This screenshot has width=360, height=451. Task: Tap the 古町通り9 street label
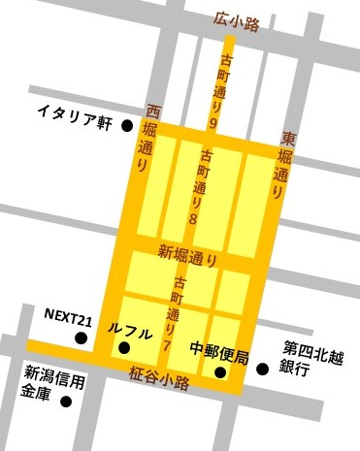tap(213, 92)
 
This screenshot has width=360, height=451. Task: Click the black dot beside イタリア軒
tap(127, 125)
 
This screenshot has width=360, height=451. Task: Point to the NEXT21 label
tap(71, 316)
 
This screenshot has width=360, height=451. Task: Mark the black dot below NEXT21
tap(81, 338)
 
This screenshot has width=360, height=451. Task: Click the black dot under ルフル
tap(122, 347)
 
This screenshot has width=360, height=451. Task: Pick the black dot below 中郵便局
tap(221, 370)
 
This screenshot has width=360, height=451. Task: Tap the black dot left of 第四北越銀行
tap(261, 369)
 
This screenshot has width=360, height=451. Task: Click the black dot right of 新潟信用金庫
tap(65, 400)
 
